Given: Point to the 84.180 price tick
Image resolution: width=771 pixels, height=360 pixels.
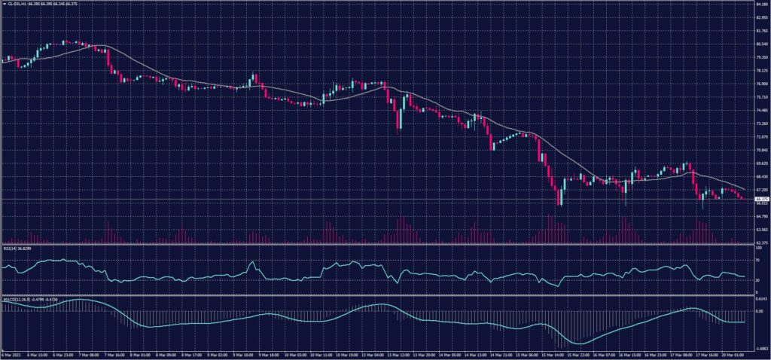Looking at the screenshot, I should point(760,5).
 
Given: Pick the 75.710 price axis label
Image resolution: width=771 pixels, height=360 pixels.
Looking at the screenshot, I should point(760,97).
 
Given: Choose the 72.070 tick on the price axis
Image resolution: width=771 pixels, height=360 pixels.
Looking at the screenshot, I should point(760,137).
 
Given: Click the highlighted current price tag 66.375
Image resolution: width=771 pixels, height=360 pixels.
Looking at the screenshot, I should point(760,199).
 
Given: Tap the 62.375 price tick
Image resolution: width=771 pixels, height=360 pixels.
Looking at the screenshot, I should point(760,243).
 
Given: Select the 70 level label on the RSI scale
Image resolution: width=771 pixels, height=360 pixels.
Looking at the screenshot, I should point(757,260).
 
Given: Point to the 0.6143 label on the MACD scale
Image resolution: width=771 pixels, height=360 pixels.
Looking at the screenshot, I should point(760,300).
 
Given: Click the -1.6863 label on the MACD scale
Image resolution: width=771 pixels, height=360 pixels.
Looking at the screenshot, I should point(760,349).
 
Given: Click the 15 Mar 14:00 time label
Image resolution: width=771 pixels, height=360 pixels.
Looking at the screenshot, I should point(554,355).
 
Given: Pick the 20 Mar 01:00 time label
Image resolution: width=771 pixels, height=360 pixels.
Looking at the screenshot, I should point(733,355).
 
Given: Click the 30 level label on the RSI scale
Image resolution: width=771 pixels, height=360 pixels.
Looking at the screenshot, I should point(757,280).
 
